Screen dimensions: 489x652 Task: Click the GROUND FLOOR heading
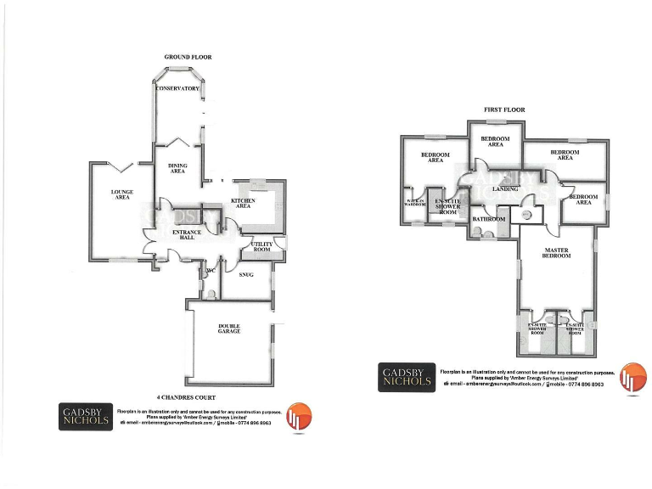tap(188, 57)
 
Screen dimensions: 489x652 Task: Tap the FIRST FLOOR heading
tap(504, 110)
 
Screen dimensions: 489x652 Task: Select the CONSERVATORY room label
tap(177, 88)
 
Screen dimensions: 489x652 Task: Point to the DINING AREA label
tap(177, 168)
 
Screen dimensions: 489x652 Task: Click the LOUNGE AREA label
tap(122, 194)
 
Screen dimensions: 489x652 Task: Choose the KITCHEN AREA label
tap(243, 203)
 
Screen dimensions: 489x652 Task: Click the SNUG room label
tap(247, 275)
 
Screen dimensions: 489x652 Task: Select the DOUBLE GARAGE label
tap(229, 329)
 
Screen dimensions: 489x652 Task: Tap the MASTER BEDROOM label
tap(556, 253)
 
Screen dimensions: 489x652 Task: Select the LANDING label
tap(505, 189)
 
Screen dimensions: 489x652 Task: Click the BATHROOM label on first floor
tap(488, 219)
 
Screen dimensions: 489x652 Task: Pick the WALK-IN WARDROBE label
tap(415, 203)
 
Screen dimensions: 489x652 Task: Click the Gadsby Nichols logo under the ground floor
tap(86, 417)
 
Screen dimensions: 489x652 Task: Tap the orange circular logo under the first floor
tap(633, 377)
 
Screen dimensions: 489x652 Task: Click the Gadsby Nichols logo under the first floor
tap(406, 378)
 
